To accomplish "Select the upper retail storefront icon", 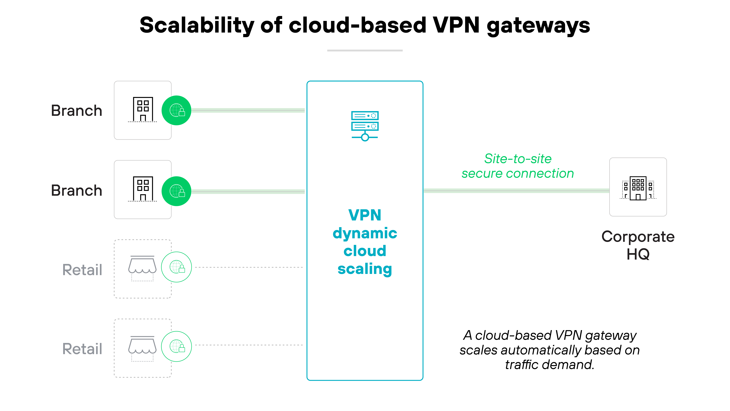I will coord(142,268).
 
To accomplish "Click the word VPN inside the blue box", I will coord(365,215).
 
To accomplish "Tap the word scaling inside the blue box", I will coord(365,269).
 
